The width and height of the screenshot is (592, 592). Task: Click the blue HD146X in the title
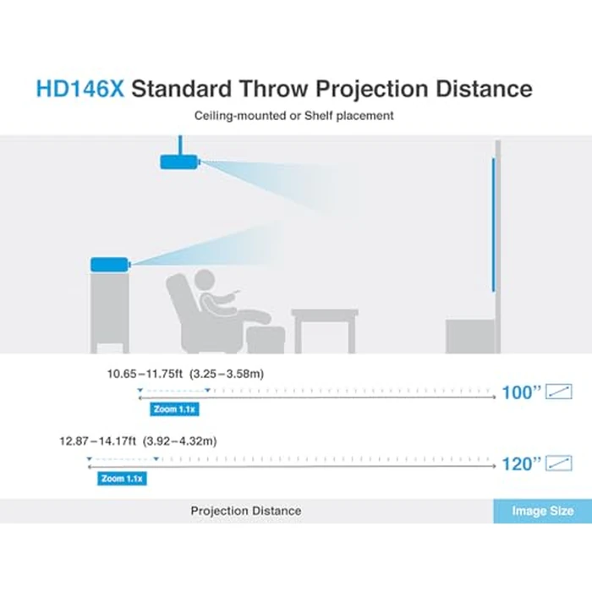(79, 88)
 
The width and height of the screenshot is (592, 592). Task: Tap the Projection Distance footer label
(245, 511)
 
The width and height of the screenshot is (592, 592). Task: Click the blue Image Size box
(542, 511)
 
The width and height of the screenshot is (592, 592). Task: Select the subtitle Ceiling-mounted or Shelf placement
(295, 116)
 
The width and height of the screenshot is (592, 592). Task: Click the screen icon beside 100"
(559, 392)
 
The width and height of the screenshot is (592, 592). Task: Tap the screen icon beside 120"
(559, 463)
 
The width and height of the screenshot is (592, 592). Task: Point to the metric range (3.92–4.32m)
(180, 441)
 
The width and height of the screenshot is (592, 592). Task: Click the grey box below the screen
(469, 336)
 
